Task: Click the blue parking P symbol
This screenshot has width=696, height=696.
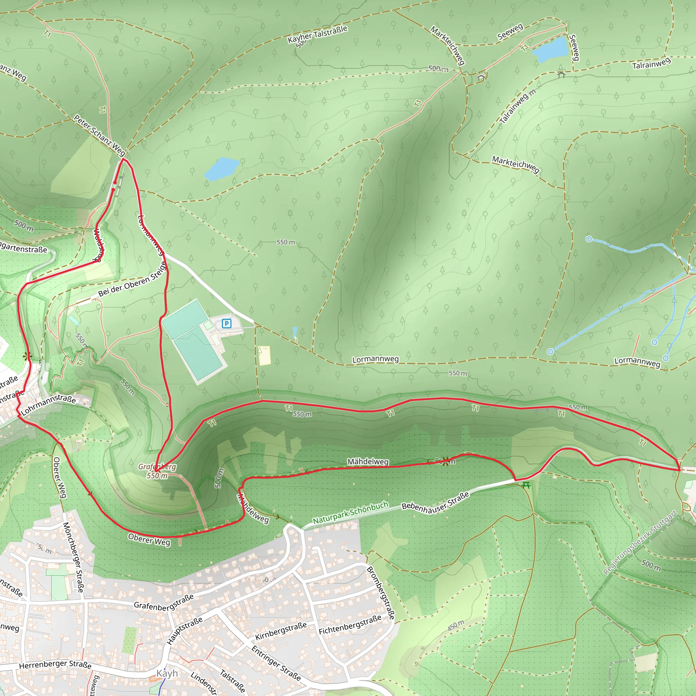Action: coord(226,324)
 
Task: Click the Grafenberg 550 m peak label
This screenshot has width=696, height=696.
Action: coord(157,471)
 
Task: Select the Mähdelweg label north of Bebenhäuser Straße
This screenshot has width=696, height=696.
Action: coord(368,462)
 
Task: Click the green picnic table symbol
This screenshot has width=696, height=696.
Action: coord(526,485)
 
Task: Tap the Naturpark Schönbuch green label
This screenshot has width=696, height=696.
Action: coord(350,512)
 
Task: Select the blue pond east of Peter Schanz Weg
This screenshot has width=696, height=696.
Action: coord(221,168)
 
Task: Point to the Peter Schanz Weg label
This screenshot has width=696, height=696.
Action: coord(99,135)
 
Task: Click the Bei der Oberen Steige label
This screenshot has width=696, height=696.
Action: coord(132,279)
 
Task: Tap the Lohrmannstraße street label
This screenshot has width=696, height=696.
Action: coord(49,404)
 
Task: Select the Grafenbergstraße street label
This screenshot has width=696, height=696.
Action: coord(163,602)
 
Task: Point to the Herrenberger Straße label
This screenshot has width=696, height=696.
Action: coord(55,665)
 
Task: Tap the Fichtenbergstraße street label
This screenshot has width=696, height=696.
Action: coord(350,625)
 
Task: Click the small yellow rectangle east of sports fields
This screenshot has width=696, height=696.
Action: coord(264,355)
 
